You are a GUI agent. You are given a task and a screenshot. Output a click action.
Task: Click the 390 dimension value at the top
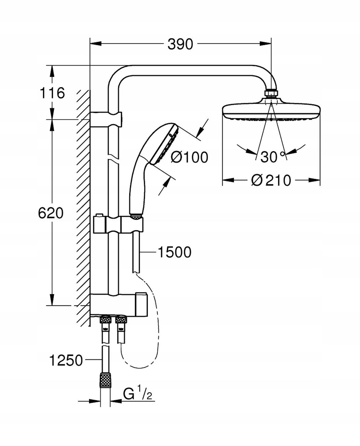tap(180, 44)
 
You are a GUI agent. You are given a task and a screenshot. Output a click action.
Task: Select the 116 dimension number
tap(52, 93)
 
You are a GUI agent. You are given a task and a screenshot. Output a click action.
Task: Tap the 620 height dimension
tap(51, 213)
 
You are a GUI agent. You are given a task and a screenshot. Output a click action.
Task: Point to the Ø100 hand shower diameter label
tap(189, 157)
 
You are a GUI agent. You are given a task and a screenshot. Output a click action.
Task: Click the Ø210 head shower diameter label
tap(271, 180)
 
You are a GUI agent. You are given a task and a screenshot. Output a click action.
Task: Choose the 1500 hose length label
tap(175, 252)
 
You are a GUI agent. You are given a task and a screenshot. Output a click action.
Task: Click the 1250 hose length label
tap(66, 360)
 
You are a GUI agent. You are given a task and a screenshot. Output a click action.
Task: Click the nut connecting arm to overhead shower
tap(271, 93)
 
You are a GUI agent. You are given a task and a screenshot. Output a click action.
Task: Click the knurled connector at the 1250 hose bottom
tap(106, 380)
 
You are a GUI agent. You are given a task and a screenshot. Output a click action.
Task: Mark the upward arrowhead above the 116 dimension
tap(52, 71)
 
